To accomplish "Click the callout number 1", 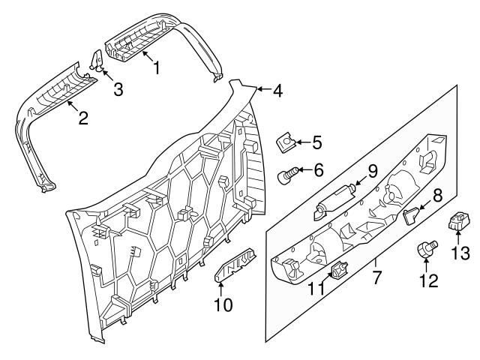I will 156,68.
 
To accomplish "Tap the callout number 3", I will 117,91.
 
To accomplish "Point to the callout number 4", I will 277,91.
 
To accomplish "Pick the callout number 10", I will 223,305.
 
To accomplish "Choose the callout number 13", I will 461,253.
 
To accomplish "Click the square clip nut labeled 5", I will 286,141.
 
